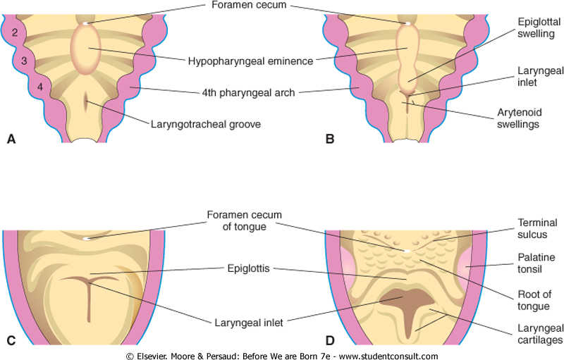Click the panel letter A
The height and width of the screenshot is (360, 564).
(11, 139)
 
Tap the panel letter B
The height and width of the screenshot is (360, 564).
(329, 139)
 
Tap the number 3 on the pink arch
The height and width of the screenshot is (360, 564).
(23, 61)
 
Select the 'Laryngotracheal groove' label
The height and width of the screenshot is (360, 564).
(204, 125)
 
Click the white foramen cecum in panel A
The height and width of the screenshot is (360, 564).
(87, 23)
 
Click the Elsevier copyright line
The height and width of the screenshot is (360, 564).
(282, 356)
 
